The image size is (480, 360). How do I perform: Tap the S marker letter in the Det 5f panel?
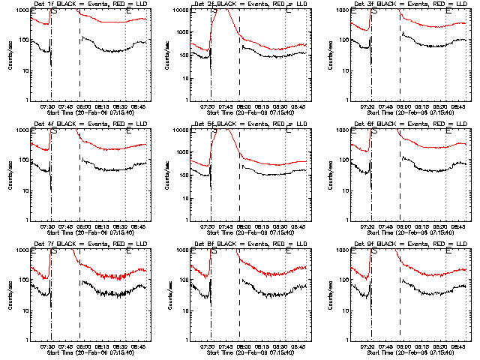[x=214, y=131]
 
